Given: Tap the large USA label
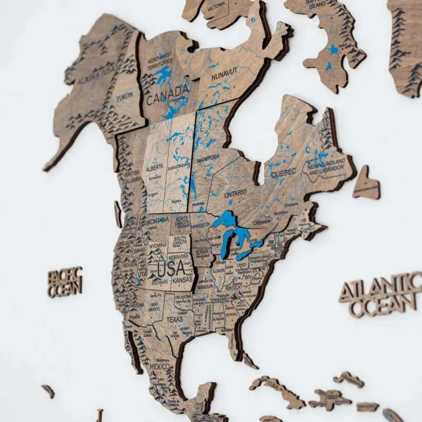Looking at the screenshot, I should coord(171,268).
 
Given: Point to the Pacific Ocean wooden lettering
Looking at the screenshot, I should coord(65,281).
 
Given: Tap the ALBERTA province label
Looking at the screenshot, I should coord(154,168).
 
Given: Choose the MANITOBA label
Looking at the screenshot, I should coord(208,158).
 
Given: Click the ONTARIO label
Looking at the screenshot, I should coord(235,193).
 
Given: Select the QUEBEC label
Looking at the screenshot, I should coord(283,172).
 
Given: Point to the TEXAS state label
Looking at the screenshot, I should coord(175,319).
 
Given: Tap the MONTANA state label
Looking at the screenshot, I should coord(158,220).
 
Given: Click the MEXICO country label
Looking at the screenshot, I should coord(160,367).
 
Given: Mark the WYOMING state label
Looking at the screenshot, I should coord(158,245).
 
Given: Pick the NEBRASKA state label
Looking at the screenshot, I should coord(178,256).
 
